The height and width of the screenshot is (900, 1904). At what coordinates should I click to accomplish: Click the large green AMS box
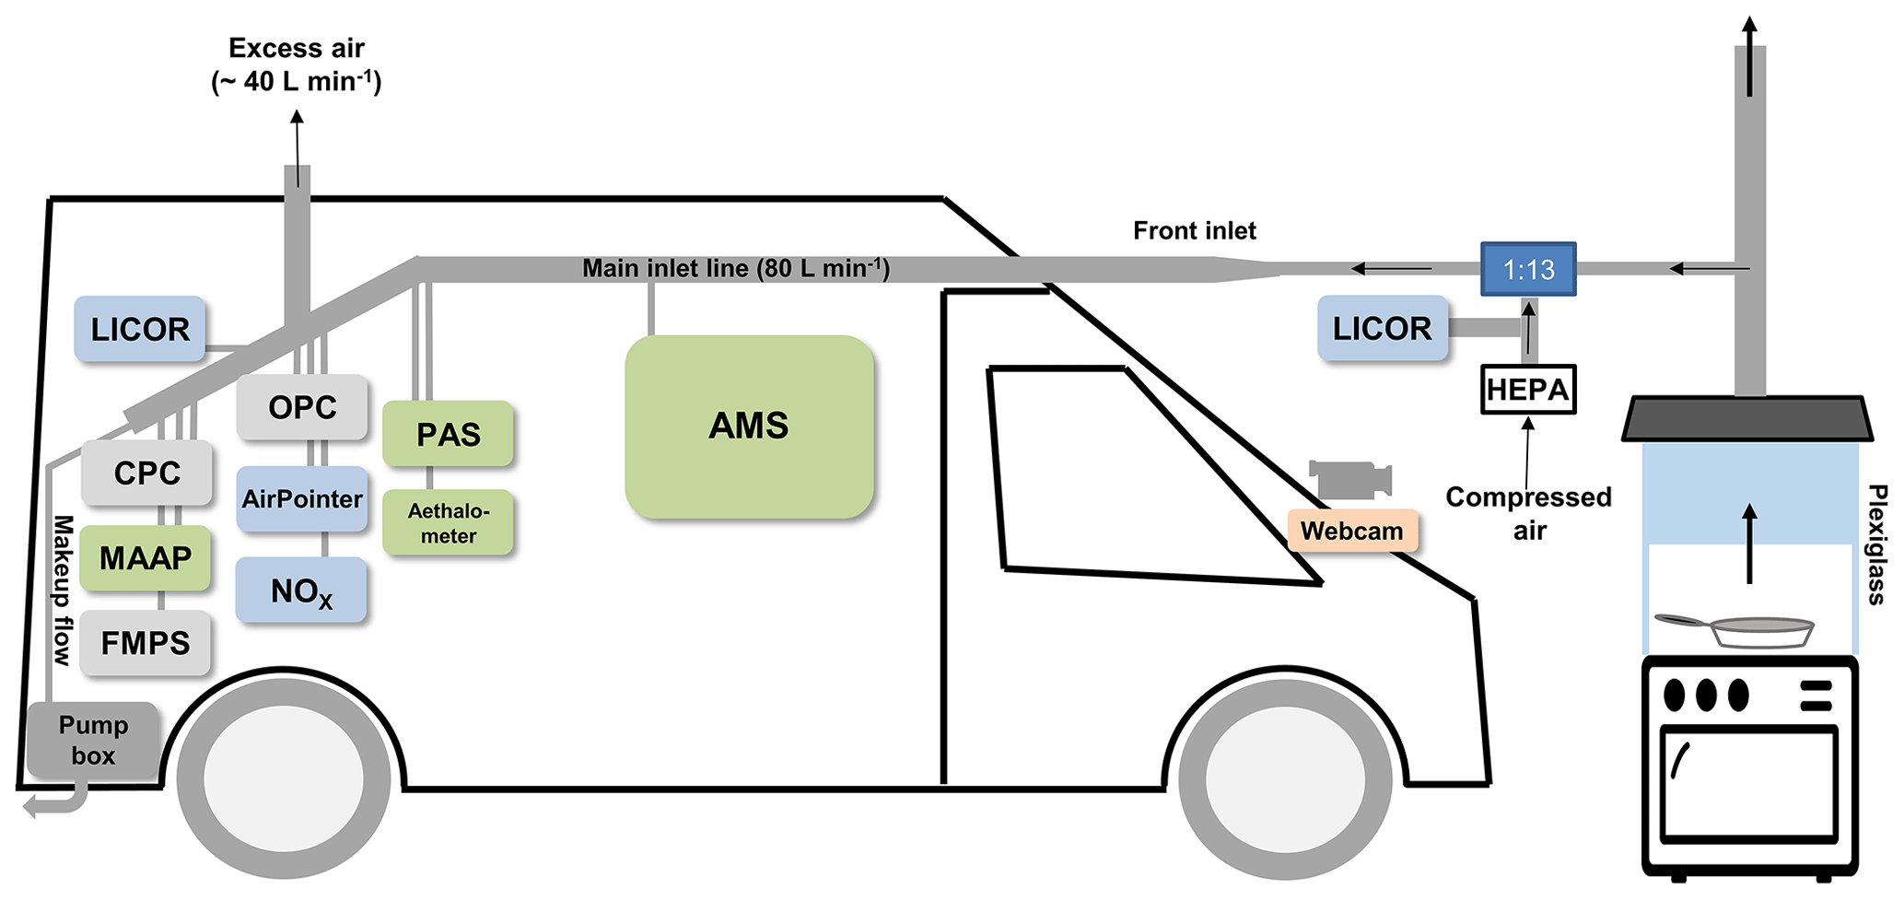tap(748, 426)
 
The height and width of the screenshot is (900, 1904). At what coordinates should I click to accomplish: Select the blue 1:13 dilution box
tap(1528, 269)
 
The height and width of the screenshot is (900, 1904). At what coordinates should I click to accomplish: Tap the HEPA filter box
tap(1527, 390)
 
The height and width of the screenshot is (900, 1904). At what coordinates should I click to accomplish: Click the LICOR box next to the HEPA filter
tap(1382, 328)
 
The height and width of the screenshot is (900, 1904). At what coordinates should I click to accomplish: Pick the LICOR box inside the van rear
tap(139, 329)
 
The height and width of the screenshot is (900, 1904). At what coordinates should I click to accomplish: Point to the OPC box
tap(301, 407)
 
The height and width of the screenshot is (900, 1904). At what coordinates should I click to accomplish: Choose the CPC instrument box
tap(146, 473)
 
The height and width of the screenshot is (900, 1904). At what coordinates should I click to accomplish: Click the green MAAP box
tap(146, 557)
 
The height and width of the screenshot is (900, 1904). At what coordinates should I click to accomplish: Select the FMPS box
tap(146, 642)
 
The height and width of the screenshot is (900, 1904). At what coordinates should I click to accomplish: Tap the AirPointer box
tap(301, 499)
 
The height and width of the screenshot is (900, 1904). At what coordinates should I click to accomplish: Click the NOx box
tap(301, 590)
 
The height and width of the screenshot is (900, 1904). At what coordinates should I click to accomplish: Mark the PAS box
tap(448, 434)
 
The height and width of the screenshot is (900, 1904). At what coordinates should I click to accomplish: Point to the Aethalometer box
tap(448, 522)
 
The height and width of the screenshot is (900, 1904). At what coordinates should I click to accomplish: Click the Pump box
tap(93, 740)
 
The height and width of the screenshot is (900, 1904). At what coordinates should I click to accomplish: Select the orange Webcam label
tap(1351, 531)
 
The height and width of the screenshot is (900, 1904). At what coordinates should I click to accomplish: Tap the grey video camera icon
tap(1349, 480)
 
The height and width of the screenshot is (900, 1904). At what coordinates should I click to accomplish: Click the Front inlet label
tap(1194, 230)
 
